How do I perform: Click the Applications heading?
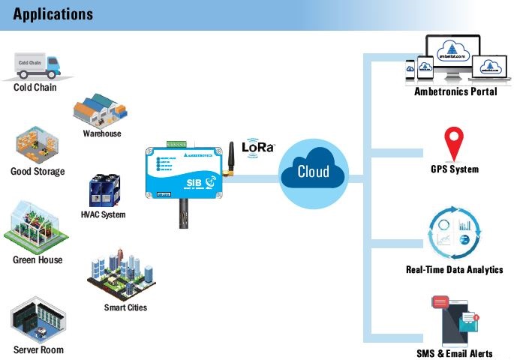pyautogui.click(x=53, y=14)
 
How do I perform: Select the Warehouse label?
pyautogui.click(x=101, y=133)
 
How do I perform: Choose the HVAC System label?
pyautogui.click(x=103, y=214)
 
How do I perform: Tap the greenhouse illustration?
pyautogui.click(x=35, y=225)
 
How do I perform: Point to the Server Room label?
pyautogui.click(x=38, y=349)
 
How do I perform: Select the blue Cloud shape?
pyautogui.click(x=313, y=172)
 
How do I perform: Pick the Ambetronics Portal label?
pyautogui.click(x=455, y=91)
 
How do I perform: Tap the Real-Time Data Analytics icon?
pyautogui.click(x=453, y=234)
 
